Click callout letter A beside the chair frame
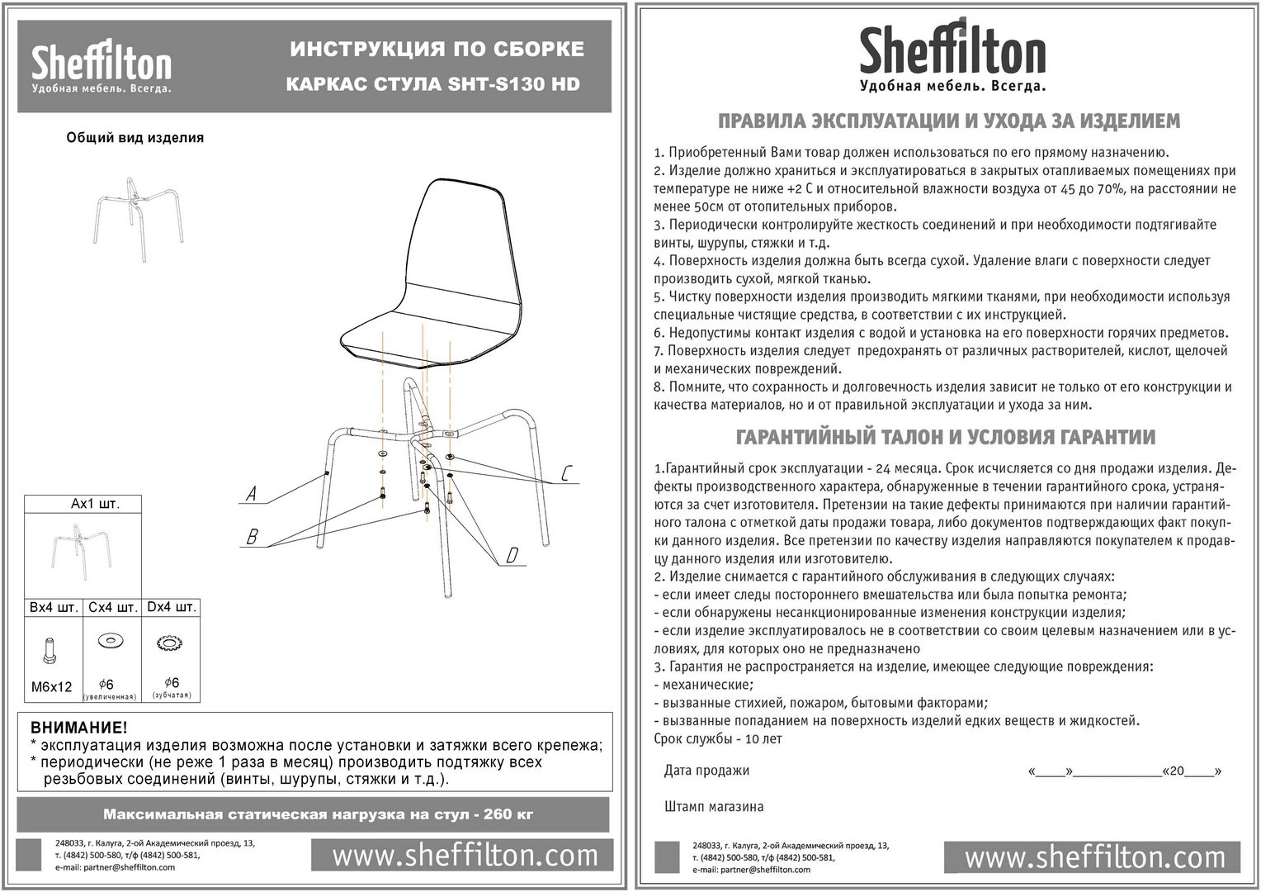pos(252,494)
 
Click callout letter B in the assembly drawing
pos(253,538)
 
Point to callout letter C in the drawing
pos(567,473)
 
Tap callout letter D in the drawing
pos(512,556)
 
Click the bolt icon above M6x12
pos(50,651)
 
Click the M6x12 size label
pos(51,686)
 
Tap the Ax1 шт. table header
pos(95,504)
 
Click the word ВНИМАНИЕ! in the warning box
pos(79,728)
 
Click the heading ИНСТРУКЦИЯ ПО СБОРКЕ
pos(437,50)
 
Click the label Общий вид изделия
pos(135,138)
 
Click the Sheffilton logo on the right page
pos(952,54)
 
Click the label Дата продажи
pos(706,771)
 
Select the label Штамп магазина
pos(714,806)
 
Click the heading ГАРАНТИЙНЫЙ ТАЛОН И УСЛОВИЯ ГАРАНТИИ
pos(945,438)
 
